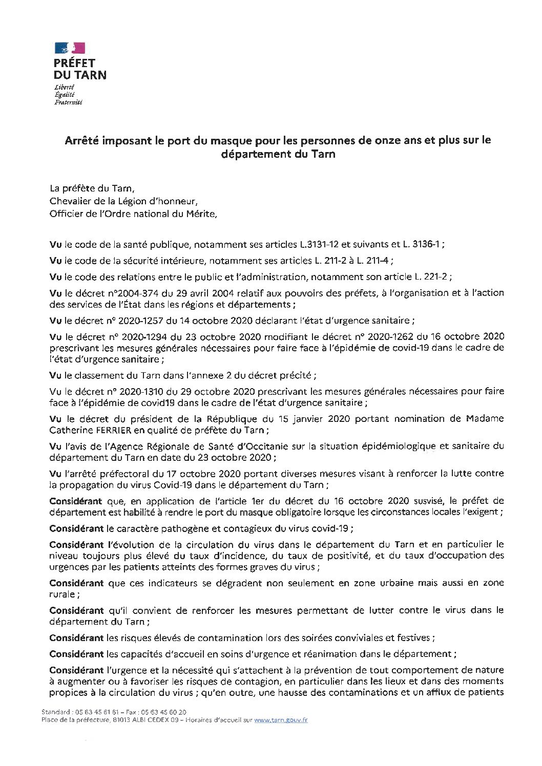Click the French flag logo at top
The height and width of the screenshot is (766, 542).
[x=70, y=49]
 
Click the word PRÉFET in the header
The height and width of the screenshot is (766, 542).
[x=75, y=63]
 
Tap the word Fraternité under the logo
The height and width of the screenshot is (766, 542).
[x=68, y=102]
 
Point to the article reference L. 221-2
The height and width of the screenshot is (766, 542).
[x=431, y=276]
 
